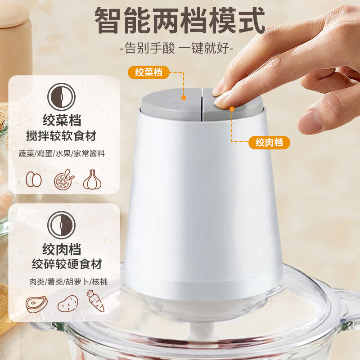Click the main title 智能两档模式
180,20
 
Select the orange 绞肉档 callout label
269,143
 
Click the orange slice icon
63,180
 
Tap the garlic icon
92,180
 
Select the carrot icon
95,301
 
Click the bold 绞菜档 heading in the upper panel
62,119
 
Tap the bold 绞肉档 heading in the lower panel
62,248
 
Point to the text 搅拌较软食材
62,135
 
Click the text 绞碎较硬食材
67,264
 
